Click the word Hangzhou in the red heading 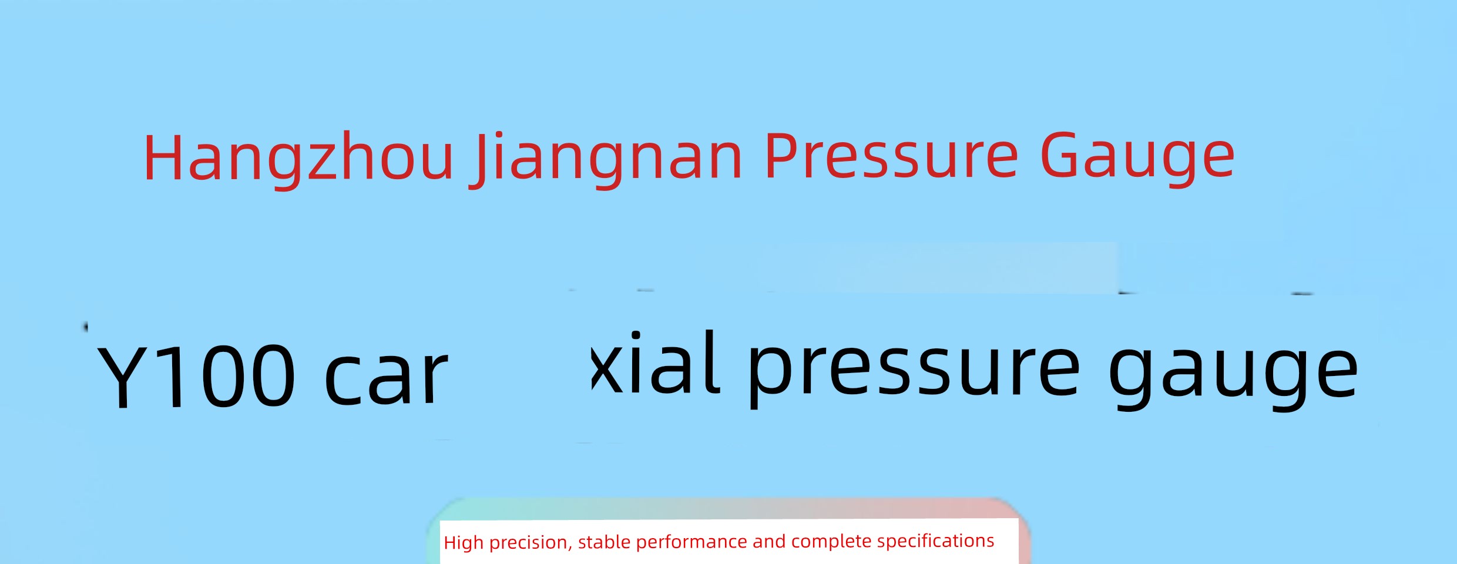pyautogui.click(x=299, y=157)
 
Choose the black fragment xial pyautogui.click(x=654, y=362)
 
